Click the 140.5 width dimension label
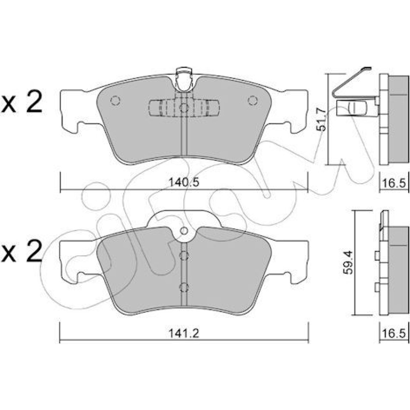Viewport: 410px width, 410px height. coord(184,182)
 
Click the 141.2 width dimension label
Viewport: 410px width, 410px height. coord(184,333)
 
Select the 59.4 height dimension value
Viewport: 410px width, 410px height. coord(348,262)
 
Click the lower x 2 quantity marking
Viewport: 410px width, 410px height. coord(21,251)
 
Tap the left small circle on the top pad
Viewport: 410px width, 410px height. coord(115,100)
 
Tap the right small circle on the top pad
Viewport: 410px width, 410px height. coord(253,100)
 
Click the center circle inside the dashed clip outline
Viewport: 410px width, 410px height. coord(184,108)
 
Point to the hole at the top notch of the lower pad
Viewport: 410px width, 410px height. coord(184,231)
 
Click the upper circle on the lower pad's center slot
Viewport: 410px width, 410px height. coord(184,256)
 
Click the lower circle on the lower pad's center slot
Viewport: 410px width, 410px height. coord(184,287)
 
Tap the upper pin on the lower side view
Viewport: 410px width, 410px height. coord(377,256)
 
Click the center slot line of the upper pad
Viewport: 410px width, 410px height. coord(184,134)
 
